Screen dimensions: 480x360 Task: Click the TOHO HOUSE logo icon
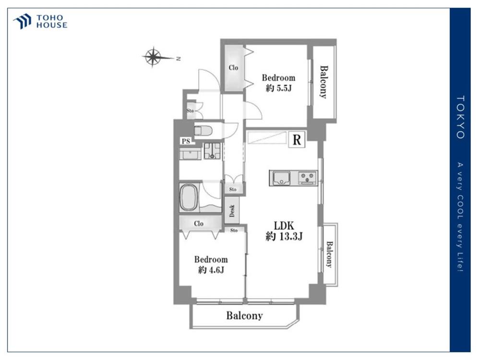coord(23,21)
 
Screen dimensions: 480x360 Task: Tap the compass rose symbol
coord(153,57)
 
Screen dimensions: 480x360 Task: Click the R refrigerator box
coord(297,140)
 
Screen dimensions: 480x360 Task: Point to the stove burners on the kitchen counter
coord(308,178)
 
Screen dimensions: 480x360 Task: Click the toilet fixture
coord(203,131)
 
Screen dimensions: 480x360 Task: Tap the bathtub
coord(188,197)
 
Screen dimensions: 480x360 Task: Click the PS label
coord(186,141)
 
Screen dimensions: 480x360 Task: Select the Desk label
coord(232,211)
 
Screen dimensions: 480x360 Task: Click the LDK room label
coord(284,226)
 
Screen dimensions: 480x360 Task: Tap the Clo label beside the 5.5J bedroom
coord(233,68)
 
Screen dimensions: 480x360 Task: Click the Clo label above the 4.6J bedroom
coord(199,224)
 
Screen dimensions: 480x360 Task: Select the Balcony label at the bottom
coord(245,316)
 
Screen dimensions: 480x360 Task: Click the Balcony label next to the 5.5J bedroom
coord(324,82)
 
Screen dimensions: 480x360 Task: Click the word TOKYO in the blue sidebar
coord(460,117)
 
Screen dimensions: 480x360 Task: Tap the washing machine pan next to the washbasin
coord(212,151)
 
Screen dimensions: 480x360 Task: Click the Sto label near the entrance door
coord(190,111)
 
